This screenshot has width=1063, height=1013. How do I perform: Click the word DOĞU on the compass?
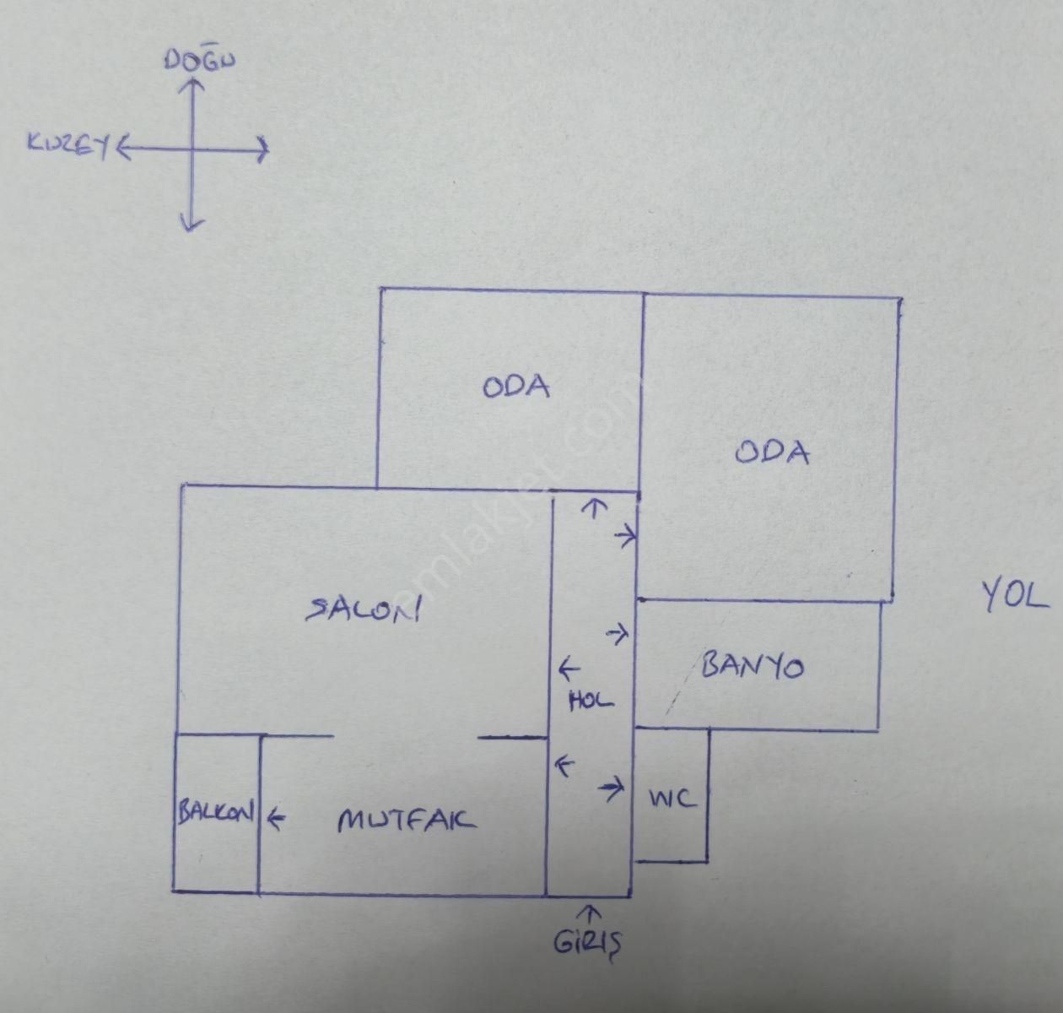[199, 61]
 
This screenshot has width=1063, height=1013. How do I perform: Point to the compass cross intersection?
[192, 151]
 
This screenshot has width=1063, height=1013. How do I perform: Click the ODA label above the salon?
[516, 387]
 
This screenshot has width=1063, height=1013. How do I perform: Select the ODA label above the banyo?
[772, 452]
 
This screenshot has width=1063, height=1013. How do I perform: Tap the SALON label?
[364, 609]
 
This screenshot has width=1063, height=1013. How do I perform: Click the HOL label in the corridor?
[591, 700]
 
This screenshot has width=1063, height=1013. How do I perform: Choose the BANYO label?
[752, 666]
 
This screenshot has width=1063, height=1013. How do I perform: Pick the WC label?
[672, 798]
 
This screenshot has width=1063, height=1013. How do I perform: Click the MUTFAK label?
[406, 820]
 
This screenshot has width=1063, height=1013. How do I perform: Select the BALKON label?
[215, 813]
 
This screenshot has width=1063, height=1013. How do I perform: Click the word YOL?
[1015, 596]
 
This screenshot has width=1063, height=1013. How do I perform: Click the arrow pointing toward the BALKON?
[276, 817]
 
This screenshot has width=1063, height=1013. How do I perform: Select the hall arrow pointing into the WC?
[612, 789]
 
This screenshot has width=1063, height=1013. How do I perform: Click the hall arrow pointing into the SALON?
[569, 670]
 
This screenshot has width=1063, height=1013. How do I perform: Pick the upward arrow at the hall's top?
[595, 508]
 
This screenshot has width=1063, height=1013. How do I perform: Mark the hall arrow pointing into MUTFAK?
[564, 767]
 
